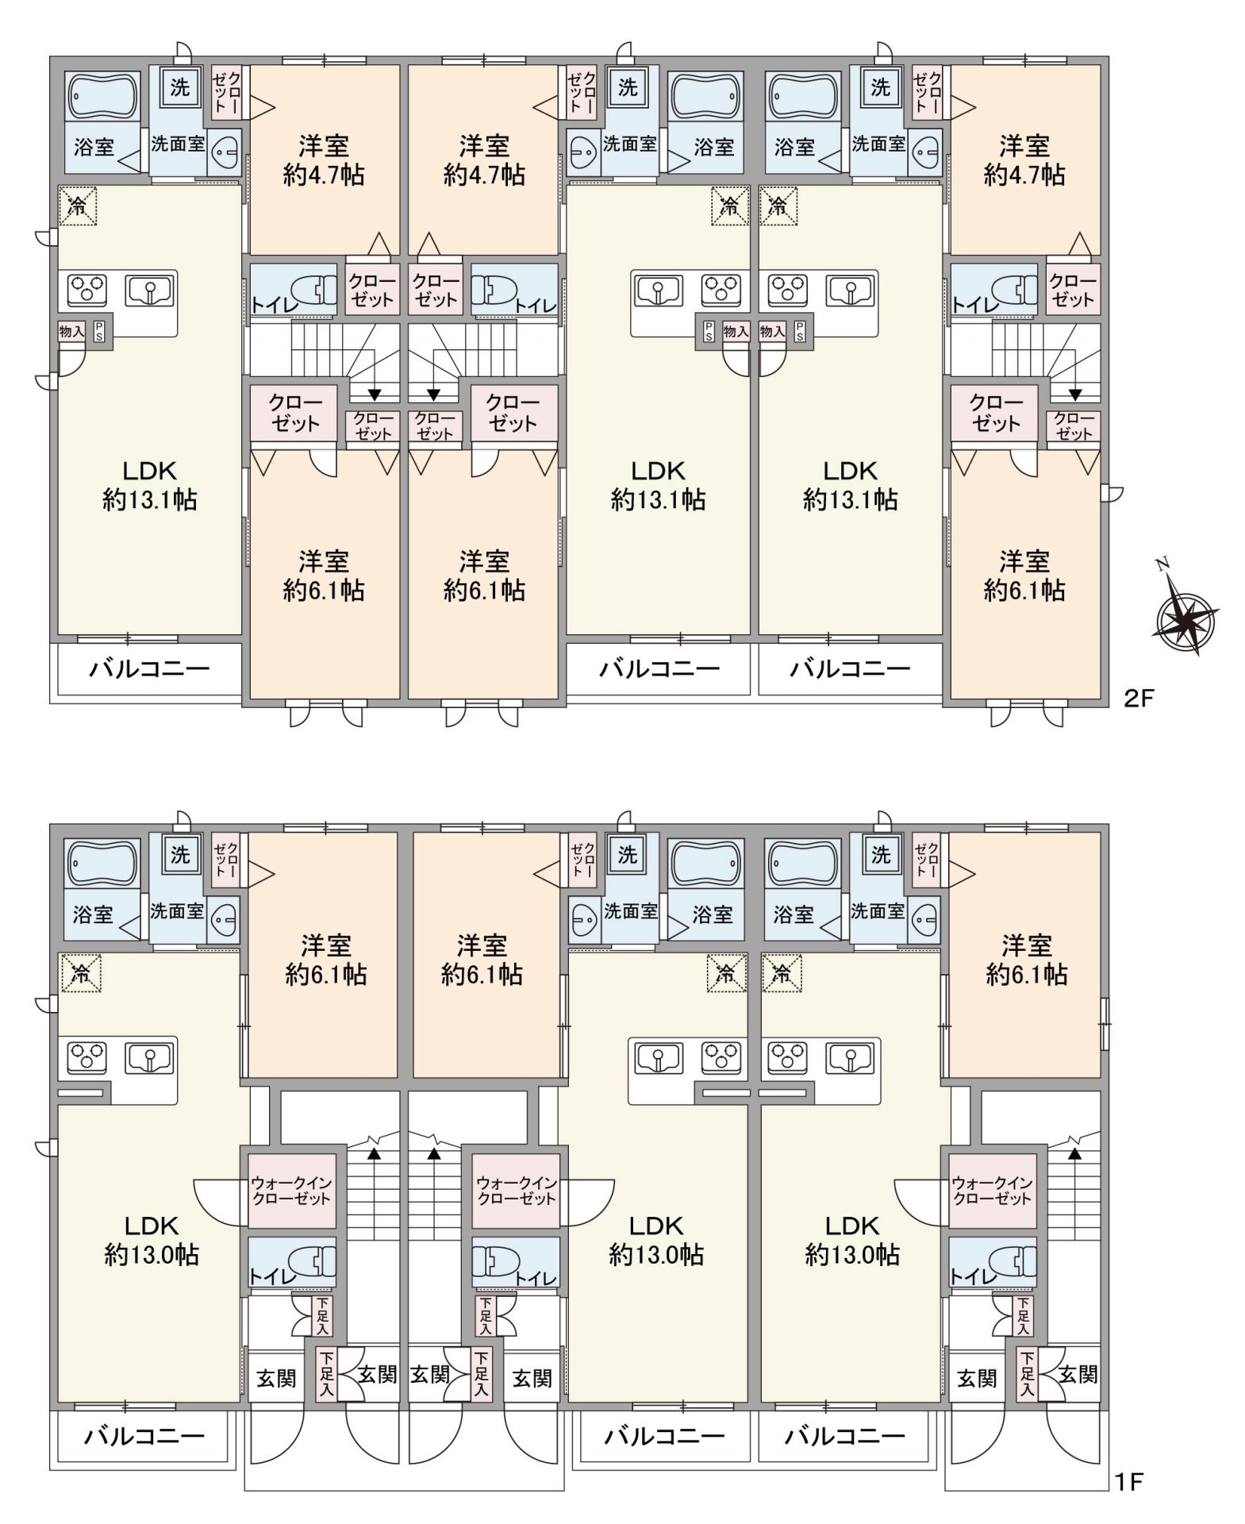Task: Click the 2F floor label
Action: (x=1138, y=698)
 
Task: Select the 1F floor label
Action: (x=1128, y=1481)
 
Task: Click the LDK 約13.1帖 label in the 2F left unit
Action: (x=150, y=485)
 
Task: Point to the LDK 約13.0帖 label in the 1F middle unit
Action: (x=656, y=1240)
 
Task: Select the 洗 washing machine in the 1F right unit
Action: (x=881, y=855)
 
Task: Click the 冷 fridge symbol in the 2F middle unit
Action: (x=729, y=206)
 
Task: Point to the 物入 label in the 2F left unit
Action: (x=72, y=330)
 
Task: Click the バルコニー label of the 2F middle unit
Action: (x=659, y=668)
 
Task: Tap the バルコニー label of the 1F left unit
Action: (x=145, y=1435)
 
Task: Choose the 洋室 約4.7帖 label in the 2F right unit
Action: (x=1024, y=160)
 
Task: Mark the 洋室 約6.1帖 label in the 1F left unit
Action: (x=326, y=960)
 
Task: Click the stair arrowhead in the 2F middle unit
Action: (x=434, y=394)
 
